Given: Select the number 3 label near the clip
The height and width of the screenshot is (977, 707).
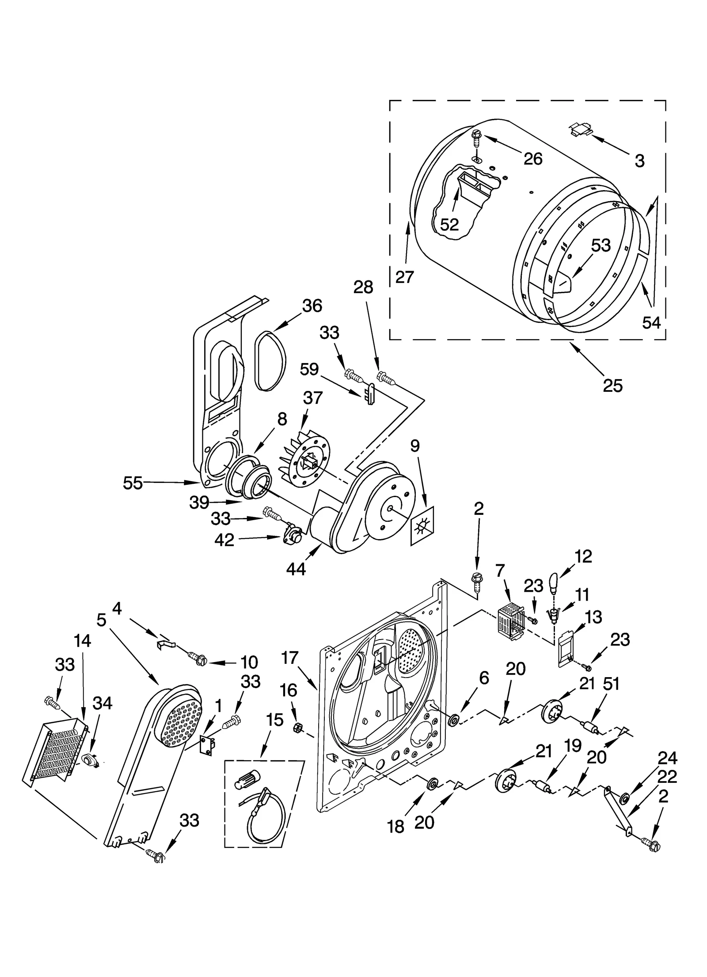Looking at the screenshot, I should tap(639, 161).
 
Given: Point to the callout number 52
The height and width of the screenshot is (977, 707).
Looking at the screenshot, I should tap(449, 225).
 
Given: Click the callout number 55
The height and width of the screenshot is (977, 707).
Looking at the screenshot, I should tap(133, 483).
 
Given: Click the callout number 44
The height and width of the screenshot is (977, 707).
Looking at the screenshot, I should tap(296, 569).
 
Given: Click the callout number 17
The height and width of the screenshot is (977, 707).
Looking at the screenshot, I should tap(290, 658).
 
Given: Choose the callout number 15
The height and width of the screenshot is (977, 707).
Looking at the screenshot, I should tap(275, 720).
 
